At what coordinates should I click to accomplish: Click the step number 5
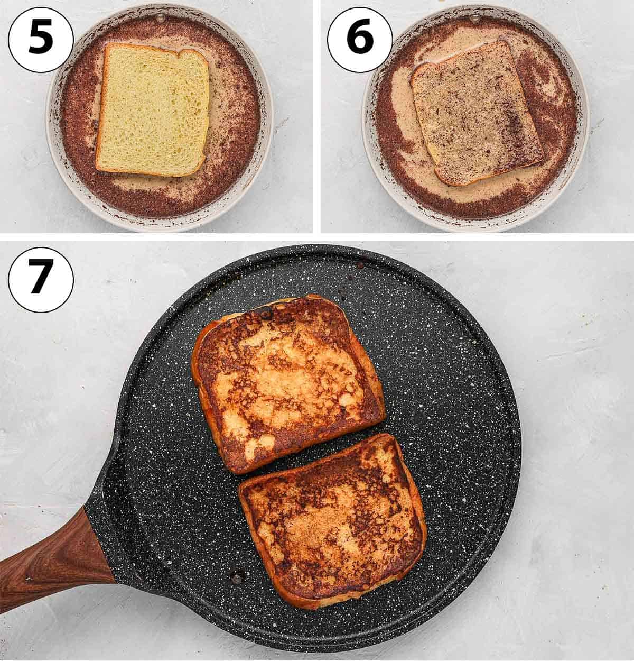41,39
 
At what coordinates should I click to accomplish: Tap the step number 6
360,39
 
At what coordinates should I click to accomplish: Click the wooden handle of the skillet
51,557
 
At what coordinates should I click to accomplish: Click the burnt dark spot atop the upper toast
265,313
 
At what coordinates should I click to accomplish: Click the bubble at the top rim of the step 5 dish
160,17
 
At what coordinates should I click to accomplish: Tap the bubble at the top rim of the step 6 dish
475,17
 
